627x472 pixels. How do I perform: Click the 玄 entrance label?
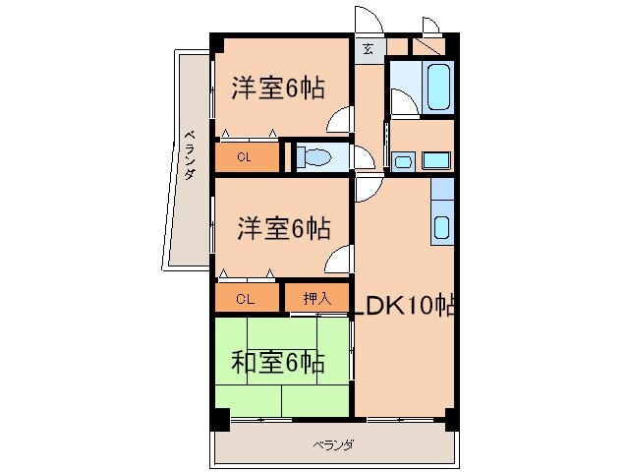pyautogui.click(x=368, y=48)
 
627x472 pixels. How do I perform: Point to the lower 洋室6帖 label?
pyautogui.click(x=282, y=228)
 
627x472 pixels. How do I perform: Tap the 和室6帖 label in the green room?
pyautogui.click(x=277, y=361)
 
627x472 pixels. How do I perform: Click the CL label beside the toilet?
pyautogui.click(x=245, y=156)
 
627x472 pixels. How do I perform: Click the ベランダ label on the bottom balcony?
pyautogui.click(x=333, y=445)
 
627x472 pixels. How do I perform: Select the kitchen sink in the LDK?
pyautogui.click(x=441, y=227)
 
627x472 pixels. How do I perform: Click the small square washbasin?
pyautogui.click(x=403, y=161)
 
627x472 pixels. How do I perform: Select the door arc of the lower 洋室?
pyautogui.click(x=339, y=261)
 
